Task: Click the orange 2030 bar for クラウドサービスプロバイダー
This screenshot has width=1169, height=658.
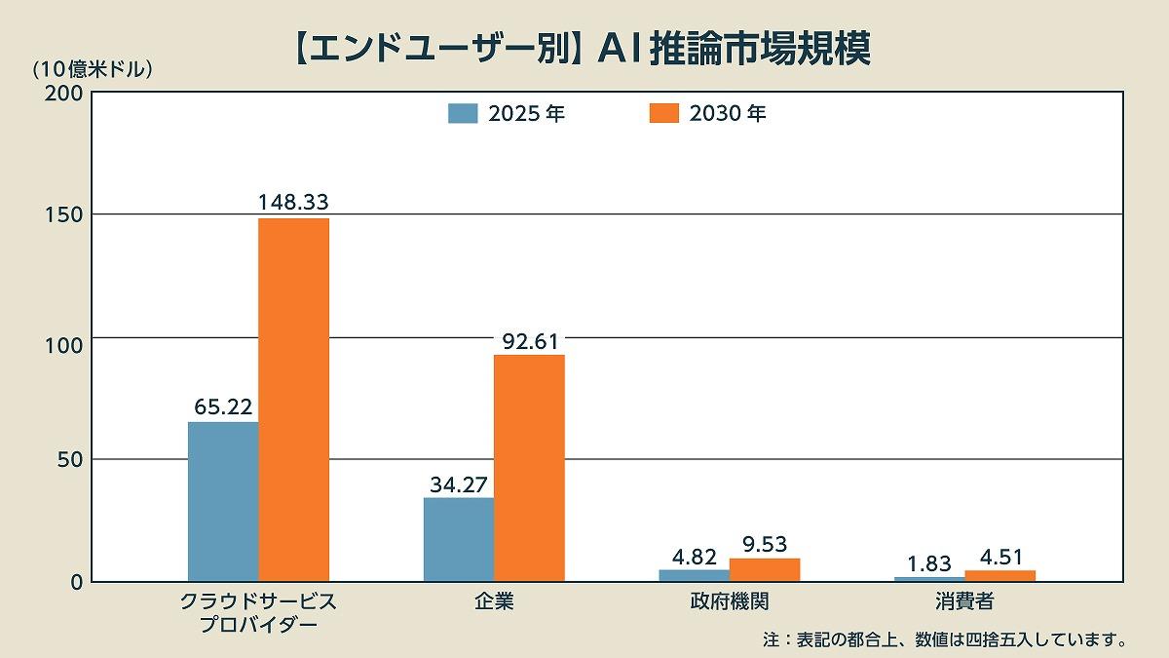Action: click(293, 400)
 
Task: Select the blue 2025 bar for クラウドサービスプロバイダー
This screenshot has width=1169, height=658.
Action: click(223, 501)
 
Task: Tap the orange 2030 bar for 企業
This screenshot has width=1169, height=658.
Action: click(529, 468)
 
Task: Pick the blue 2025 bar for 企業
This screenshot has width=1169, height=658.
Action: click(459, 539)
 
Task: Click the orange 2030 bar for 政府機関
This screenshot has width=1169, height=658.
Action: click(765, 570)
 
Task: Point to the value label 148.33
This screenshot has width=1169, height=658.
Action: click(293, 203)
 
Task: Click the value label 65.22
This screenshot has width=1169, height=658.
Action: click(223, 406)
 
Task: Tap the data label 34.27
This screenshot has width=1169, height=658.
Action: click(459, 483)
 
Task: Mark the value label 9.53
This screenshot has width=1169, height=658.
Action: click(765, 544)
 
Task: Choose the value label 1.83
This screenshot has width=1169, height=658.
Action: click(929, 563)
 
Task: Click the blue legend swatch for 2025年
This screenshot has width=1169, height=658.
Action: click(463, 113)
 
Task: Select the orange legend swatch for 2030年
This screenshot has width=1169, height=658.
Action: click(663, 113)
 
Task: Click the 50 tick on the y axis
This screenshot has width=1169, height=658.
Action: click(67, 460)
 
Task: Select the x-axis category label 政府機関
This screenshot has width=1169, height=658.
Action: click(729, 600)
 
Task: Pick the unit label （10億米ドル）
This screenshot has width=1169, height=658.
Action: click(93, 69)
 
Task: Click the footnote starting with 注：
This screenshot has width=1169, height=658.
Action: click(945, 640)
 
